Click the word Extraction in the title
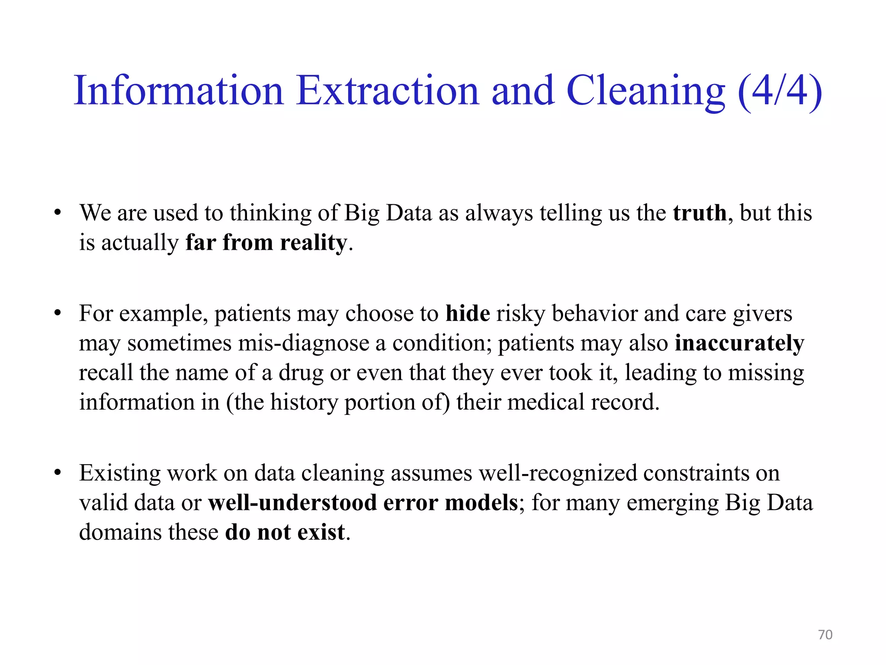(x=388, y=90)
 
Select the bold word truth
(x=700, y=213)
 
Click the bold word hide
(x=468, y=313)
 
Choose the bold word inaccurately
(x=739, y=343)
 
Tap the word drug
(x=301, y=373)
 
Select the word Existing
(x=120, y=473)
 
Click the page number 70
(x=825, y=635)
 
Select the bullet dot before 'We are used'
(x=58, y=213)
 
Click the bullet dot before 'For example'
(x=58, y=313)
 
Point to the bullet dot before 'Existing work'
(x=58, y=473)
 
